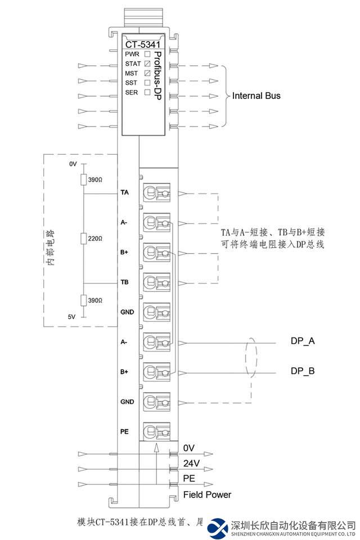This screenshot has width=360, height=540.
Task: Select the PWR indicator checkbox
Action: click(147, 54)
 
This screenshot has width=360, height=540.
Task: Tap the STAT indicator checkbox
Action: click(147, 64)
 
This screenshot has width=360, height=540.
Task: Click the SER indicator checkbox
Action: click(147, 92)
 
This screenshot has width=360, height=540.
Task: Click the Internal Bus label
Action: click(256, 96)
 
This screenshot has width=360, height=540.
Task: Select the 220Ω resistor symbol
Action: click(84, 238)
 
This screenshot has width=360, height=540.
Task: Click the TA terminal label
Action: click(124, 192)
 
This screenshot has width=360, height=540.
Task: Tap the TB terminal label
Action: click(124, 282)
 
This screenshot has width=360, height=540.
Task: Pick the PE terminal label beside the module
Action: click(124, 431)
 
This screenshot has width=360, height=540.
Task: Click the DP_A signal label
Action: click(303, 341)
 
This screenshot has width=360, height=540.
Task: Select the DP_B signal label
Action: click(303, 371)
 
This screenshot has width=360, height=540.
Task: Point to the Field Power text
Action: click(207, 495)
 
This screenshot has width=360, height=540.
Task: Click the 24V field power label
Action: click(191, 463)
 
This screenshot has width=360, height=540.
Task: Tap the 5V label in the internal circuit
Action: click(71, 317)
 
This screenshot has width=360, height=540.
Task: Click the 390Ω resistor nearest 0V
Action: click(84, 179)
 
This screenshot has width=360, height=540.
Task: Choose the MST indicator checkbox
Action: click(147, 73)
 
